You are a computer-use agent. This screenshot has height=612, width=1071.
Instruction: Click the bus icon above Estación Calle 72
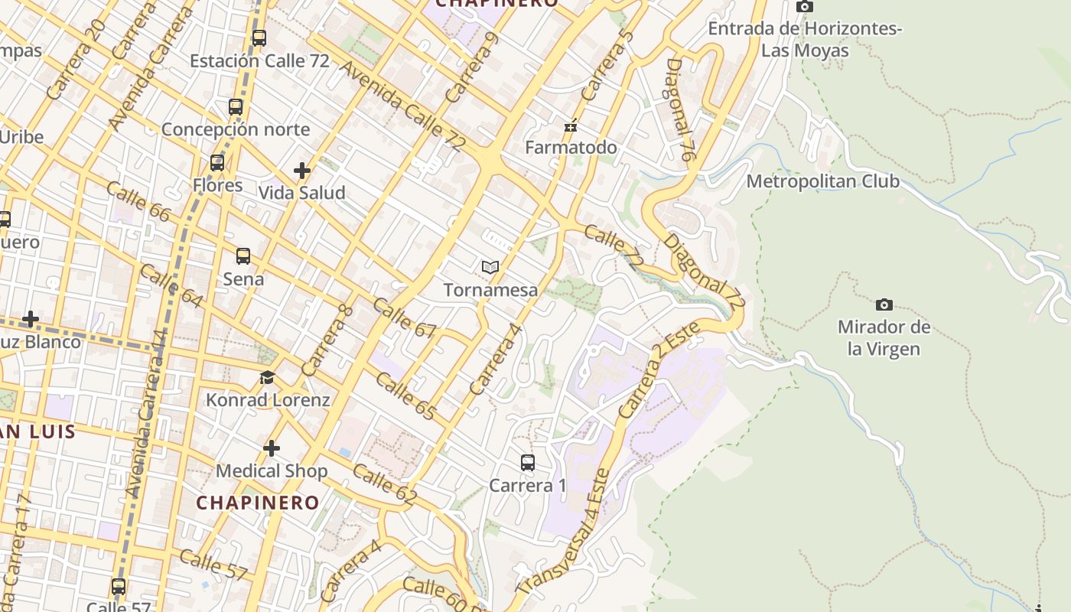pyautogui.click(x=259, y=37)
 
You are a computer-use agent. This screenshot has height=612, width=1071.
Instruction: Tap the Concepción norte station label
pyautogui.click(x=235, y=129)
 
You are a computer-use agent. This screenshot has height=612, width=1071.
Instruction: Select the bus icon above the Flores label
pyautogui.click(x=217, y=163)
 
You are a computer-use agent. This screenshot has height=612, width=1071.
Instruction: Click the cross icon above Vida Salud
pyautogui.click(x=302, y=171)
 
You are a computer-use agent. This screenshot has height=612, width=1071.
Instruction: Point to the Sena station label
pyautogui.click(x=243, y=279)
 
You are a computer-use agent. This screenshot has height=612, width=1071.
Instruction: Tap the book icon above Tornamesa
pyautogui.click(x=490, y=267)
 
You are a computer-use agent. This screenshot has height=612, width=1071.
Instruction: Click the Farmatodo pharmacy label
pyautogui.click(x=571, y=147)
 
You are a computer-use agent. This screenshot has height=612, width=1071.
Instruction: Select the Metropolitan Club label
pyautogui.click(x=822, y=181)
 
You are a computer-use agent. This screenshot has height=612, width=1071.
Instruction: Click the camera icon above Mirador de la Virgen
pyautogui.click(x=884, y=304)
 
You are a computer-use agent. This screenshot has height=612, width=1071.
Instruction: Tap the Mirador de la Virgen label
pyautogui.click(x=884, y=338)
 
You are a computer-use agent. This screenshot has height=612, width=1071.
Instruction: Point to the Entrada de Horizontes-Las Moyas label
pyautogui.click(x=805, y=40)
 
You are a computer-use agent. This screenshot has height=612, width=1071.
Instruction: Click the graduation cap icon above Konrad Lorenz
pyautogui.click(x=267, y=377)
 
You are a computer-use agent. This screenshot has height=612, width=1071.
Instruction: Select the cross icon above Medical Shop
pyautogui.click(x=272, y=448)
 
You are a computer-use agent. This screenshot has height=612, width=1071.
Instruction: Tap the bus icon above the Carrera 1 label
pyautogui.click(x=528, y=463)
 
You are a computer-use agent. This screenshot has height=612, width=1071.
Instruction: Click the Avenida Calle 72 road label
pyautogui.click(x=402, y=106)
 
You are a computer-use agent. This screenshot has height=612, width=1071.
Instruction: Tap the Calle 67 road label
pyautogui.click(x=405, y=318)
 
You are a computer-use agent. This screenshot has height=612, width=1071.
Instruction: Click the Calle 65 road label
pyautogui.click(x=405, y=397)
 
